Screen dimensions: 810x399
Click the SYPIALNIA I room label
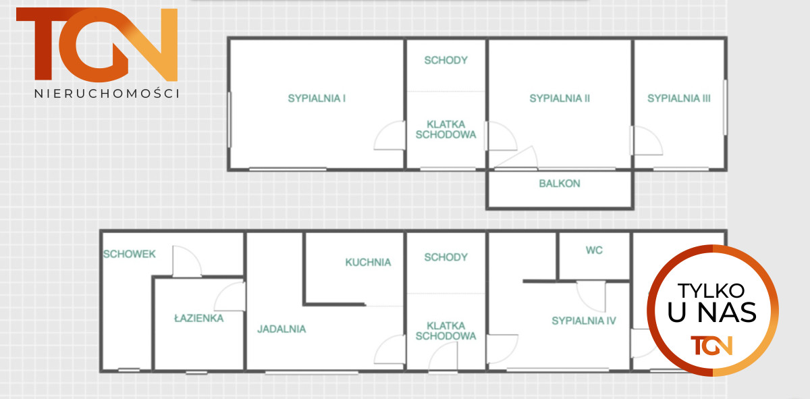point(317,99)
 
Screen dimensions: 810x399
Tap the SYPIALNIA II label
point(560,99)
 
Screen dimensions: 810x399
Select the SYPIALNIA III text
point(679,99)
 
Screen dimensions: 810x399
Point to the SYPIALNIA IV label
point(584,321)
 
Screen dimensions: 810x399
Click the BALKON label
point(560,184)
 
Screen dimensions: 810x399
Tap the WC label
point(594,250)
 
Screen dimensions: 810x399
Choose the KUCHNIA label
point(368,262)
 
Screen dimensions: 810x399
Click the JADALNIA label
point(281,329)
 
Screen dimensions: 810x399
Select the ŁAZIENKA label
point(199,318)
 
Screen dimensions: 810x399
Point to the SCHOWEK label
point(130,255)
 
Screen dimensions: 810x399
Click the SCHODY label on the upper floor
point(446,60)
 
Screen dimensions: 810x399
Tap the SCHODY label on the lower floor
point(446,257)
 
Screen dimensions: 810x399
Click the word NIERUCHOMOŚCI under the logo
point(107,94)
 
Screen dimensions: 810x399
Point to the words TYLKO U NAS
point(711,302)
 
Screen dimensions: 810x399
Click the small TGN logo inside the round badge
point(711,346)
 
